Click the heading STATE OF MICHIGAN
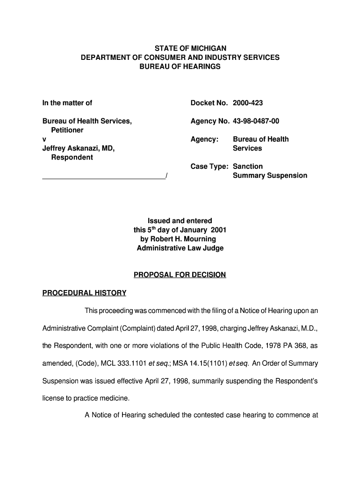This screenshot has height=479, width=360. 180,49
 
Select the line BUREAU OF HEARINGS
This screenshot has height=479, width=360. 180,67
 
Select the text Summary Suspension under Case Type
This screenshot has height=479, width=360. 270,176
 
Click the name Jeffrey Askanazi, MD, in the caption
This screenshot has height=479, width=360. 79,148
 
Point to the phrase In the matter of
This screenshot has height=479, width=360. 67,103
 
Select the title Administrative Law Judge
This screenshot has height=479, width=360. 180,248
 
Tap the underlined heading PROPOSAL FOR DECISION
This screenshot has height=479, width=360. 180,275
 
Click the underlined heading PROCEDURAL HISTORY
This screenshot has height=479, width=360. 85,293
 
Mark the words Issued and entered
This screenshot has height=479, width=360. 180,221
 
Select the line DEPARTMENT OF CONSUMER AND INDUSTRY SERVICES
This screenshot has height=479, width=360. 180,58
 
